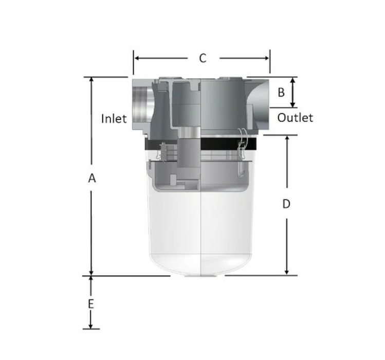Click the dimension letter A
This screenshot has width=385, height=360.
pos(92,178)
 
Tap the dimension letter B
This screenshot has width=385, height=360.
pos(281,93)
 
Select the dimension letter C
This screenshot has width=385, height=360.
pos(203,58)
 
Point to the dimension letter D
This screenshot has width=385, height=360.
pos(286,204)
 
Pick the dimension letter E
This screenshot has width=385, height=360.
pos(91,304)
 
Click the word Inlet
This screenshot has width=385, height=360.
pos(114,118)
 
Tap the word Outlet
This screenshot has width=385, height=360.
pos(295,118)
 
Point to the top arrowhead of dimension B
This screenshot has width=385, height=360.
pos(292,80)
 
